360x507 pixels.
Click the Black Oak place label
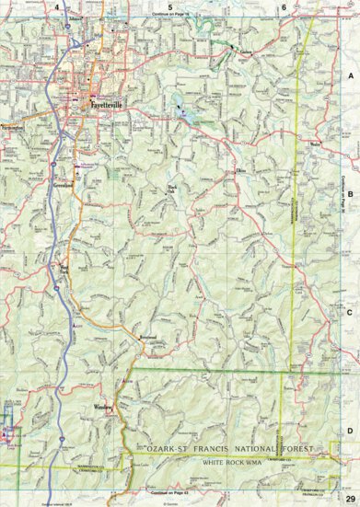point(170,191)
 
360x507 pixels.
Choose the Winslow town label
point(103,406)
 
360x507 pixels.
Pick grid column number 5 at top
point(169,7)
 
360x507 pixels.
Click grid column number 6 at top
point(284,7)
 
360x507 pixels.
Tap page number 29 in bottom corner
point(350,498)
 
